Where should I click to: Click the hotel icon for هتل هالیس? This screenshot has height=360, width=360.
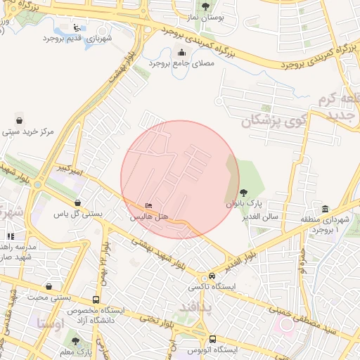[148, 206]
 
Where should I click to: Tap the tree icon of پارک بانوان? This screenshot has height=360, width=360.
[243, 192]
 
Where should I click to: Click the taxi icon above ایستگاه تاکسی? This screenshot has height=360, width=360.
[212, 276]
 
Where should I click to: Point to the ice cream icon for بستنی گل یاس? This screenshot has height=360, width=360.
[86, 202]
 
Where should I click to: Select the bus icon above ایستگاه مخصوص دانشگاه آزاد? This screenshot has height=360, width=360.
[96, 299]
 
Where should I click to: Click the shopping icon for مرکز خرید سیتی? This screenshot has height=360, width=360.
[18, 118]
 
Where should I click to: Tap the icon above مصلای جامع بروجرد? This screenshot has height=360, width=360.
[183, 52]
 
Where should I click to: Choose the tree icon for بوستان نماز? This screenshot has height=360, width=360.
[205, 6]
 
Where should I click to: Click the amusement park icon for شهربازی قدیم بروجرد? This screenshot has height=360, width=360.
[76, 28]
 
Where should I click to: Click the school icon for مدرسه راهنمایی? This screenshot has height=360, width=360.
[11, 237]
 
